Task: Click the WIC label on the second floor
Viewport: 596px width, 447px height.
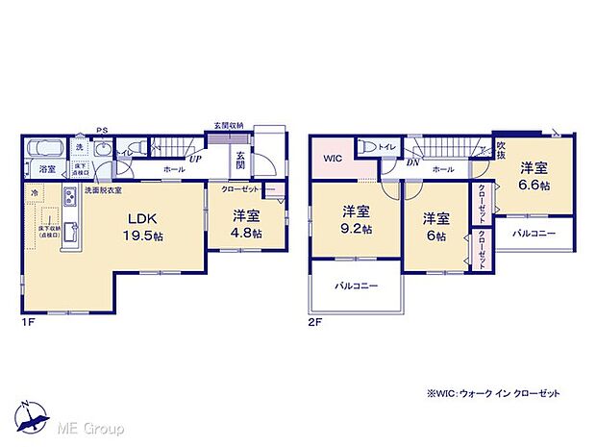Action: (334, 158)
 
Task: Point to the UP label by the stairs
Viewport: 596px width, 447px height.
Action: (195, 160)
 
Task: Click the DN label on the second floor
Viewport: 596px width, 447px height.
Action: (411, 162)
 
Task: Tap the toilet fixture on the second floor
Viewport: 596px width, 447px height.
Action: (369, 147)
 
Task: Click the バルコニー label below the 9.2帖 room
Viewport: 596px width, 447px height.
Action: (357, 286)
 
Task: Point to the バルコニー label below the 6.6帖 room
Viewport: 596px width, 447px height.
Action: (534, 233)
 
